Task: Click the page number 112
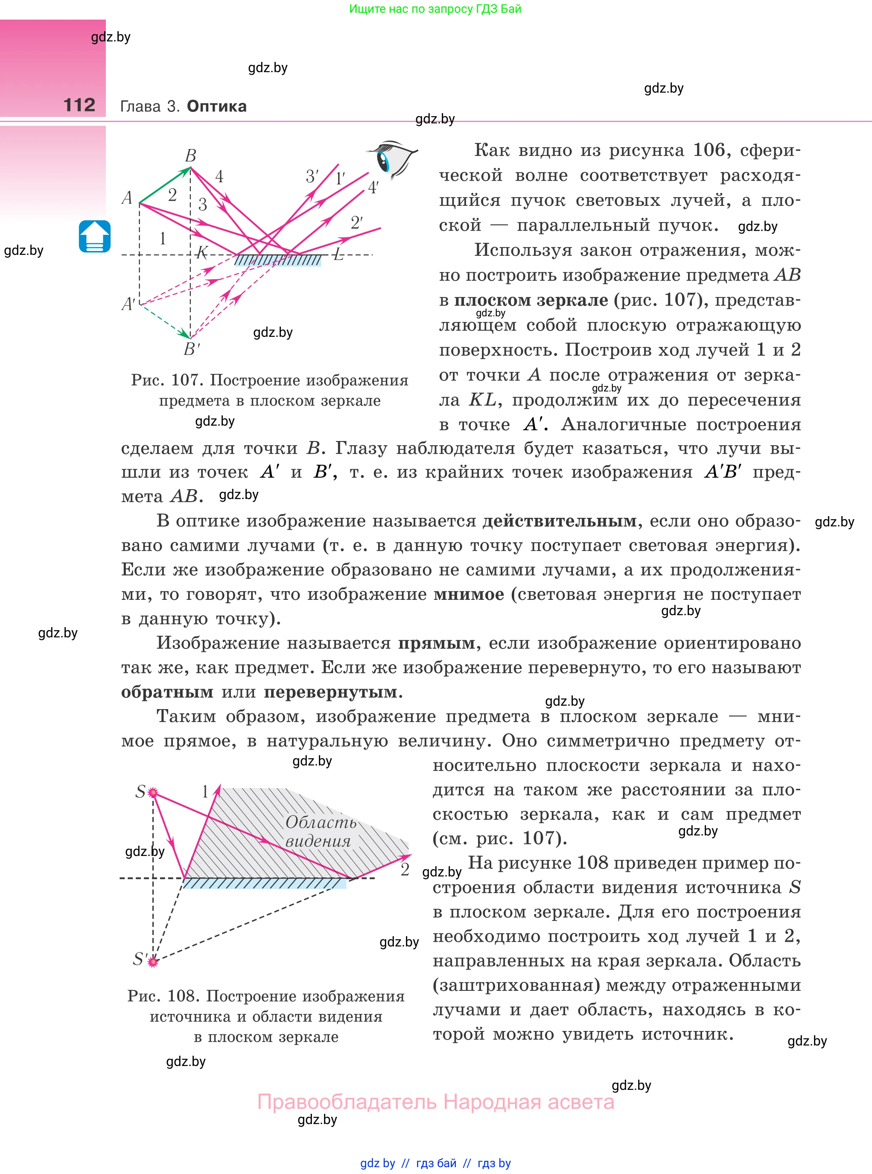tap(79, 105)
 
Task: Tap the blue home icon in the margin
tap(94, 236)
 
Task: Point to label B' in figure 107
tap(192, 349)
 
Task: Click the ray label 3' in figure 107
tap(312, 176)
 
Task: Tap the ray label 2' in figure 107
tap(357, 223)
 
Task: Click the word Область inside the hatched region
tap(321, 822)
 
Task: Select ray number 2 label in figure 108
tap(405, 869)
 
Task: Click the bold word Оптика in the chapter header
tap(216, 106)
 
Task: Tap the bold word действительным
tap(560, 521)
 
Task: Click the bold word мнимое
tap(469, 594)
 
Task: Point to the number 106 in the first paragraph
tap(709, 150)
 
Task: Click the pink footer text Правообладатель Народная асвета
tap(435, 1102)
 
